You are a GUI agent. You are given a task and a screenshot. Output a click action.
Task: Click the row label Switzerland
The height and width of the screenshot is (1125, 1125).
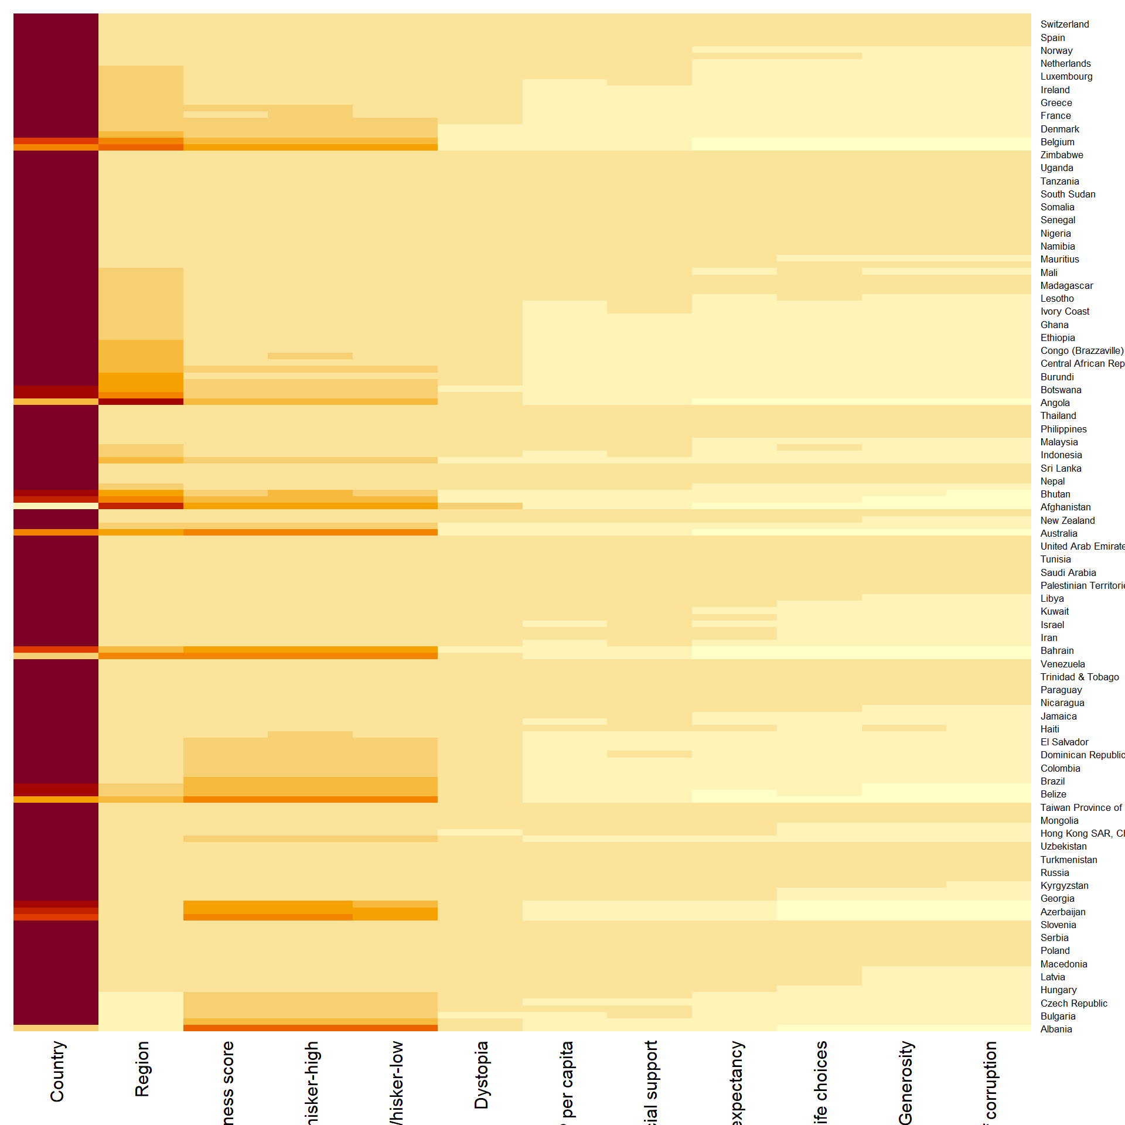click(1064, 25)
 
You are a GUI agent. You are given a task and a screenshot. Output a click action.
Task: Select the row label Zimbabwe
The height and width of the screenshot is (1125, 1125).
click(1061, 155)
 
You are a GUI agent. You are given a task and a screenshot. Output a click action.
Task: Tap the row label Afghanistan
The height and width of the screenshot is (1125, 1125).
click(1065, 507)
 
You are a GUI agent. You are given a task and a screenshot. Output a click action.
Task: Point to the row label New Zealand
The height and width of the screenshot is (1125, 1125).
click(1067, 520)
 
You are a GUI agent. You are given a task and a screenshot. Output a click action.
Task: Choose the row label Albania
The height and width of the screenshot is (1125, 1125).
click(1056, 1029)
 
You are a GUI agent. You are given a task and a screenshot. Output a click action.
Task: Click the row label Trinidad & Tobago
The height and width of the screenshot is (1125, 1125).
click(1079, 677)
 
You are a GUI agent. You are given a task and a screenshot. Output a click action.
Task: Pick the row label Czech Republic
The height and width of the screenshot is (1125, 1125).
click(1073, 1003)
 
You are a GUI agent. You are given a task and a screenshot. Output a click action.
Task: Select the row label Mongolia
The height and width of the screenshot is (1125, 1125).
click(1059, 820)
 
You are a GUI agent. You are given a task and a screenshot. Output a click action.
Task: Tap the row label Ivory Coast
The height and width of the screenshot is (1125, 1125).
click(1065, 312)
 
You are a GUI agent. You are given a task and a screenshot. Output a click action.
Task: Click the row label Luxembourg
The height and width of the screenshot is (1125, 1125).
click(1066, 77)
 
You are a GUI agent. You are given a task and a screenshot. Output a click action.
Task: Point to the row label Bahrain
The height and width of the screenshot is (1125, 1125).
click(1056, 650)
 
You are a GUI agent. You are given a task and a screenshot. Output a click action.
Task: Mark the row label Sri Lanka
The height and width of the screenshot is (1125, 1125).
click(1061, 468)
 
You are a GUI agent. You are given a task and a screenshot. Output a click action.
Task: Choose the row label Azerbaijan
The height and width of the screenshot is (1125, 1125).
click(1062, 912)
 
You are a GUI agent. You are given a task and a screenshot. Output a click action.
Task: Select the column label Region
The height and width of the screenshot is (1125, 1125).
click(142, 1069)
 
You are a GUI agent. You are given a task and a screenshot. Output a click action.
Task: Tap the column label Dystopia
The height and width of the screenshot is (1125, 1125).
click(481, 1075)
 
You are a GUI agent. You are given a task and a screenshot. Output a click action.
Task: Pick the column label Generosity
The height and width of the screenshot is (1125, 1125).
click(905, 1082)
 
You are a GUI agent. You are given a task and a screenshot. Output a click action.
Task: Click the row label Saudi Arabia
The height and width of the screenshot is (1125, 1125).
click(1068, 572)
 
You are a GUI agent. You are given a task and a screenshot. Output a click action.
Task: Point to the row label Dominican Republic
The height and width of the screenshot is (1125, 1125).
click(1082, 755)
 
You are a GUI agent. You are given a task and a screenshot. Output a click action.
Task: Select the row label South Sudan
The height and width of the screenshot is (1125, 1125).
click(1068, 194)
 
